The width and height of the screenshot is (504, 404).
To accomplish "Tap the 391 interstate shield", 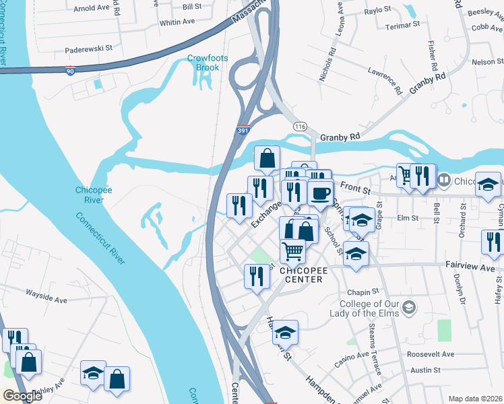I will (x=242, y=131).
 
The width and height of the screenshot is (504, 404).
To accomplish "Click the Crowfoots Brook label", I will (x=208, y=63).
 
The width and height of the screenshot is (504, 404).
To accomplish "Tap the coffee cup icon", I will (x=320, y=192).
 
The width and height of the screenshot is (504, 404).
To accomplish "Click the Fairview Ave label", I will (x=470, y=267).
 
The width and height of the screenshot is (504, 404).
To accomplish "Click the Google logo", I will (x=22, y=396).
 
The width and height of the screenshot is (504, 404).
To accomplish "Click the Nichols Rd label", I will (x=327, y=65).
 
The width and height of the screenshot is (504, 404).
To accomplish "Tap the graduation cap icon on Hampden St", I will (x=285, y=332).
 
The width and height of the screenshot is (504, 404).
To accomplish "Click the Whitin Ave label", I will (x=177, y=22).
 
